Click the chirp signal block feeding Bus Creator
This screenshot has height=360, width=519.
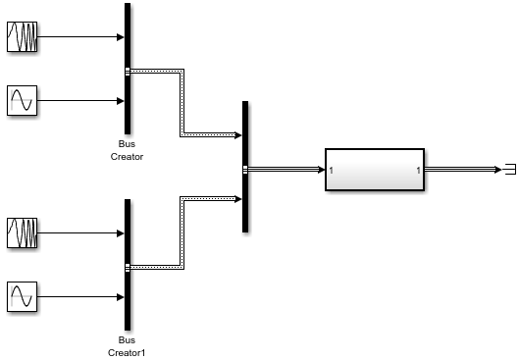click(x=22, y=37)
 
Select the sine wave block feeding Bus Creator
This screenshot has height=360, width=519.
click(x=22, y=101)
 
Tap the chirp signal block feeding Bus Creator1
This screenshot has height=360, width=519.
click(x=22, y=233)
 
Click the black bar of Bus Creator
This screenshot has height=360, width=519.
click(x=128, y=39)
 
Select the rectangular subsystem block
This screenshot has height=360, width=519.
click(x=375, y=170)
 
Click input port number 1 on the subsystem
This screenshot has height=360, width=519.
click(x=332, y=171)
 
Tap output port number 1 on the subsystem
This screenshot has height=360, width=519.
click(x=418, y=171)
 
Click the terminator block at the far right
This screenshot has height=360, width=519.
click(x=508, y=170)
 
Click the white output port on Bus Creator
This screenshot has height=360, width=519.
click(x=129, y=70)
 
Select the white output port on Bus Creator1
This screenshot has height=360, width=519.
click(x=129, y=266)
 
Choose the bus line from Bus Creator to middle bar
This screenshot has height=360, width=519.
click(x=182, y=103)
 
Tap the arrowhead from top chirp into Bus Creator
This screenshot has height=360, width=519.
click(x=120, y=37)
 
